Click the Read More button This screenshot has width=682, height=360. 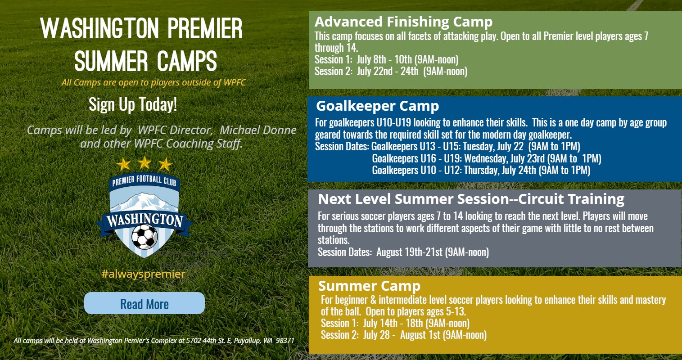pos(145,303)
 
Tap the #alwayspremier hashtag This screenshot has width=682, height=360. pos(143,274)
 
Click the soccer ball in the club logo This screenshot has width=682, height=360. pos(145,236)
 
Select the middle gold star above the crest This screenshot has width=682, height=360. pos(145,163)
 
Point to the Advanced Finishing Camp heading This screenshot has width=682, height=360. pos(403,22)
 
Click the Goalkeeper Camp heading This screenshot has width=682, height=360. pos(378,106)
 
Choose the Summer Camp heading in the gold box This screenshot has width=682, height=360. pos(369,286)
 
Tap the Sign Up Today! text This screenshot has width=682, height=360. pos(133,104)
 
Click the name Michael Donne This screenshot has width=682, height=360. pos(258,130)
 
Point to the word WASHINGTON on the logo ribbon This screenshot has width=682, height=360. pos(145,220)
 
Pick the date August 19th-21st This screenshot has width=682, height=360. pos(409,252)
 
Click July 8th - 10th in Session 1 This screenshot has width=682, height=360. pos(384,59)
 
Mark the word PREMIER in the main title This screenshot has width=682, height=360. pos(204,28)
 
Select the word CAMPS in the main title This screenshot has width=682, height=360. pos(187,61)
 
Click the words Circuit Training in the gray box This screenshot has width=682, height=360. pos(571,199)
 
